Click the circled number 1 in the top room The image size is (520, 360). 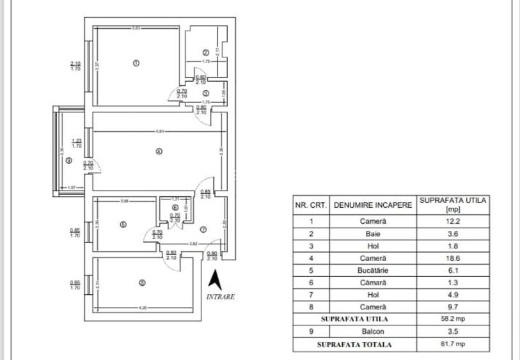tap(136, 63)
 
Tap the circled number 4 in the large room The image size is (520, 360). tap(159, 152)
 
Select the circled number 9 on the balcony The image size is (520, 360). tap(68, 160)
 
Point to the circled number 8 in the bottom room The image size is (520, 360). tap(142, 282)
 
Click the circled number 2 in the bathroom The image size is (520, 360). tap(205, 52)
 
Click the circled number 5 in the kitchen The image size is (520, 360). tap(123, 224)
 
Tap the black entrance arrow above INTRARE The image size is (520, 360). tap(216, 280)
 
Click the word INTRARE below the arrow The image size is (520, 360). tap(221, 297)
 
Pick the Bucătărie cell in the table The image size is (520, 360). tap(373, 270)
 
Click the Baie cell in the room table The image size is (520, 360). tap(373, 234)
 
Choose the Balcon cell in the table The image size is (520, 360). tap(373, 331)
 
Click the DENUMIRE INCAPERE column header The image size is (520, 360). tap(373, 207)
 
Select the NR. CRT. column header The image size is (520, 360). tap(311, 207)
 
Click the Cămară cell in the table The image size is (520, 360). tap(373, 283)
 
